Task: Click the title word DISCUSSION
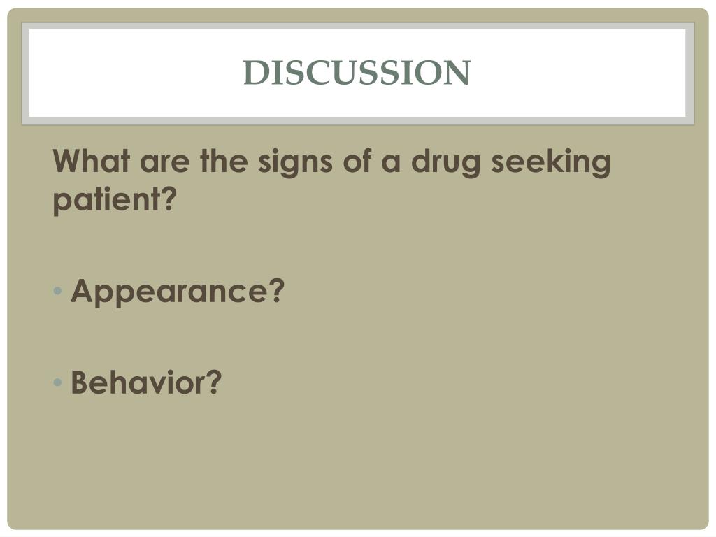(357, 72)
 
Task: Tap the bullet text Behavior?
(146, 382)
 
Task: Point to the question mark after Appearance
(278, 290)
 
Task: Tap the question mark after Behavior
(214, 382)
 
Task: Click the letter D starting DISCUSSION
(253, 72)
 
